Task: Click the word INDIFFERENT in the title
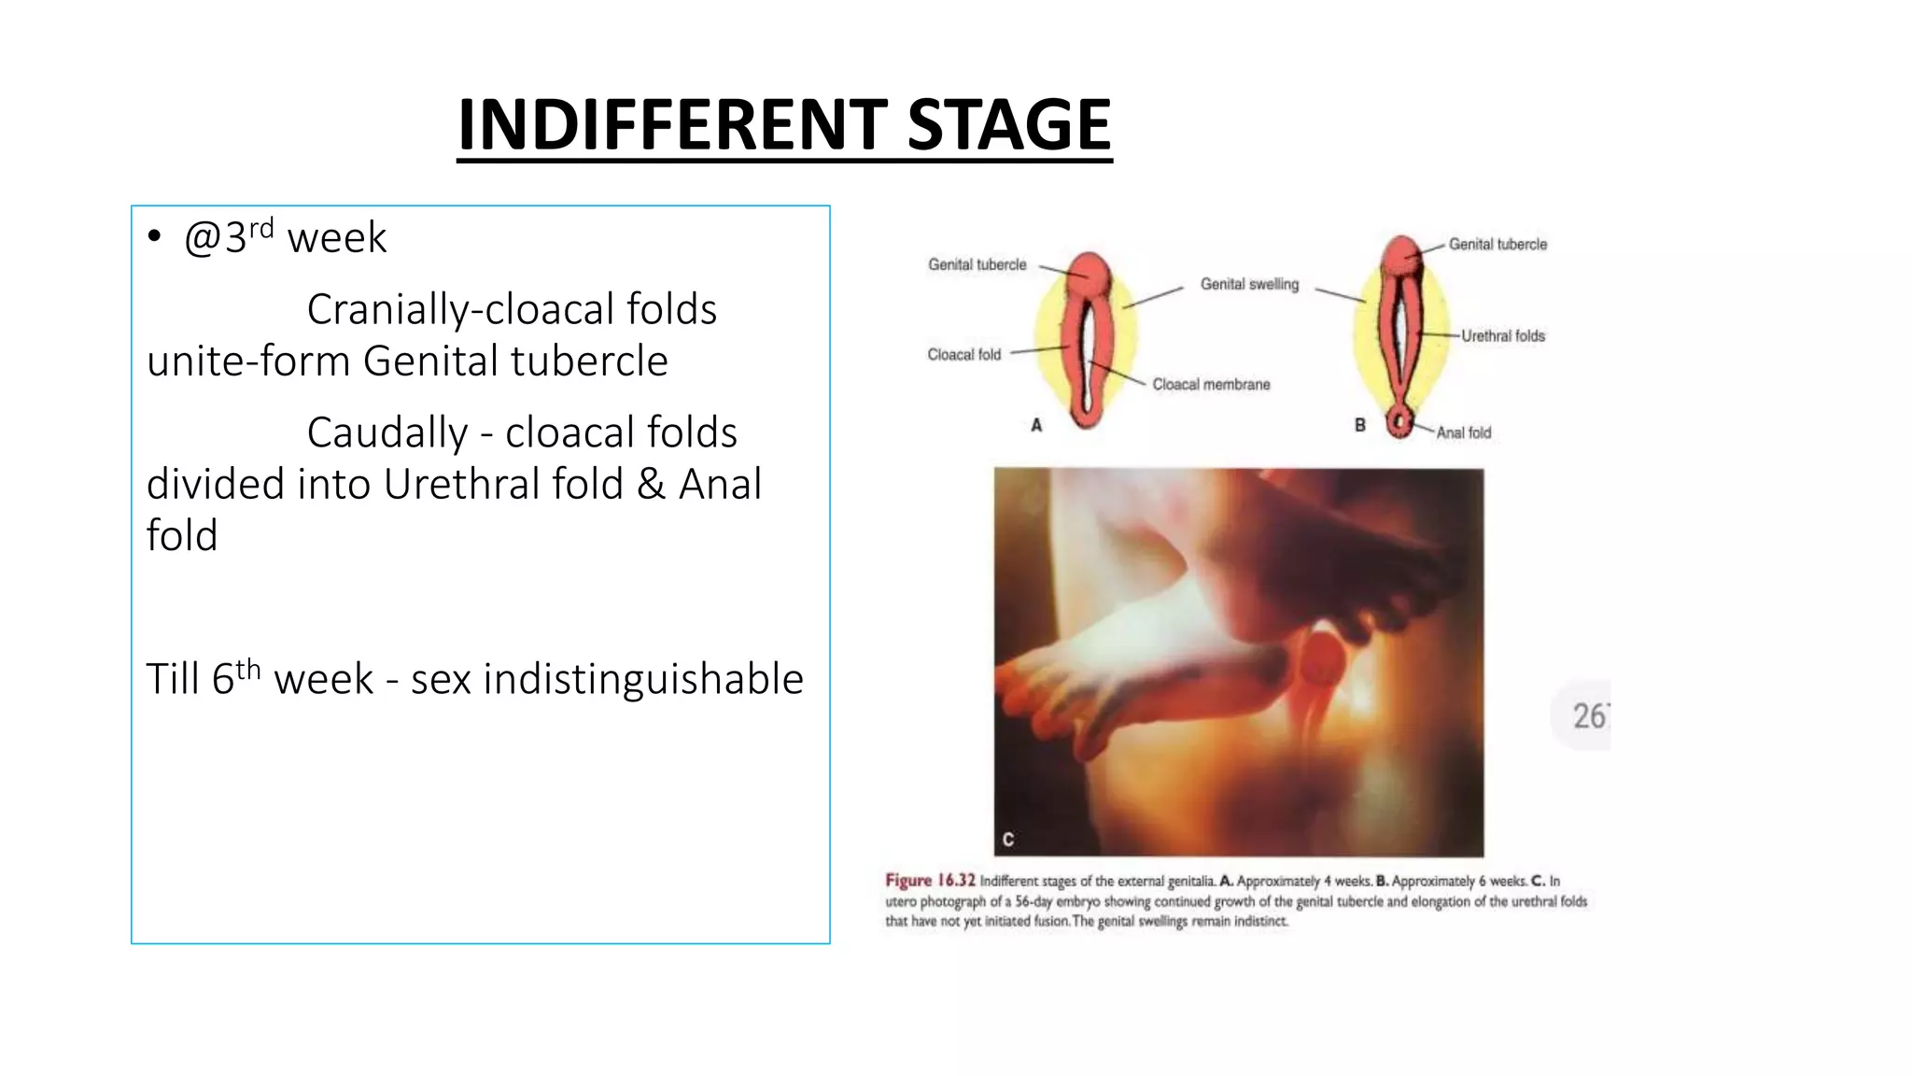pyautogui.click(x=672, y=125)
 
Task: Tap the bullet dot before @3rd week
pyautogui.click(x=155, y=236)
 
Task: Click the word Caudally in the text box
pyautogui.click(x=387, y=432)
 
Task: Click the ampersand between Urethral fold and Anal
pyautogui.click(x=651, y=484)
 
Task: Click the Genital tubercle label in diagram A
pyautogui.click(x=977, y=264)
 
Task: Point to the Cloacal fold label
pyautogui.click(x=963, y=354)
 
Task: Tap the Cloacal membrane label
pyautogui.click(x=1211, y=384)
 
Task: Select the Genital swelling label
pyautogui.click(x=1249, y=284)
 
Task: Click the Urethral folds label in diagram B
pyautogui.click(x=1503, y=335)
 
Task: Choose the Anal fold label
pyautogui.click(x=1463, y=432)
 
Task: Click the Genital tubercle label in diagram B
pyautogui.click(x=1497, y=244)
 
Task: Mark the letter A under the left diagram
pyautogui.click(x=1036, y=425)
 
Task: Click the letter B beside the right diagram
pyautogui.click(x=1360, y=425)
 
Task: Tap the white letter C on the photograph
pyautogui.click(x=1008, y=839)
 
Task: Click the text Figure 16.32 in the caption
pyautogui.click(x=930, y=880)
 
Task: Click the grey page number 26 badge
pyautogui.click(x=1587, y=715)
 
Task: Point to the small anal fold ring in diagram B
pyautogui.click(x=1399, y=421)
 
